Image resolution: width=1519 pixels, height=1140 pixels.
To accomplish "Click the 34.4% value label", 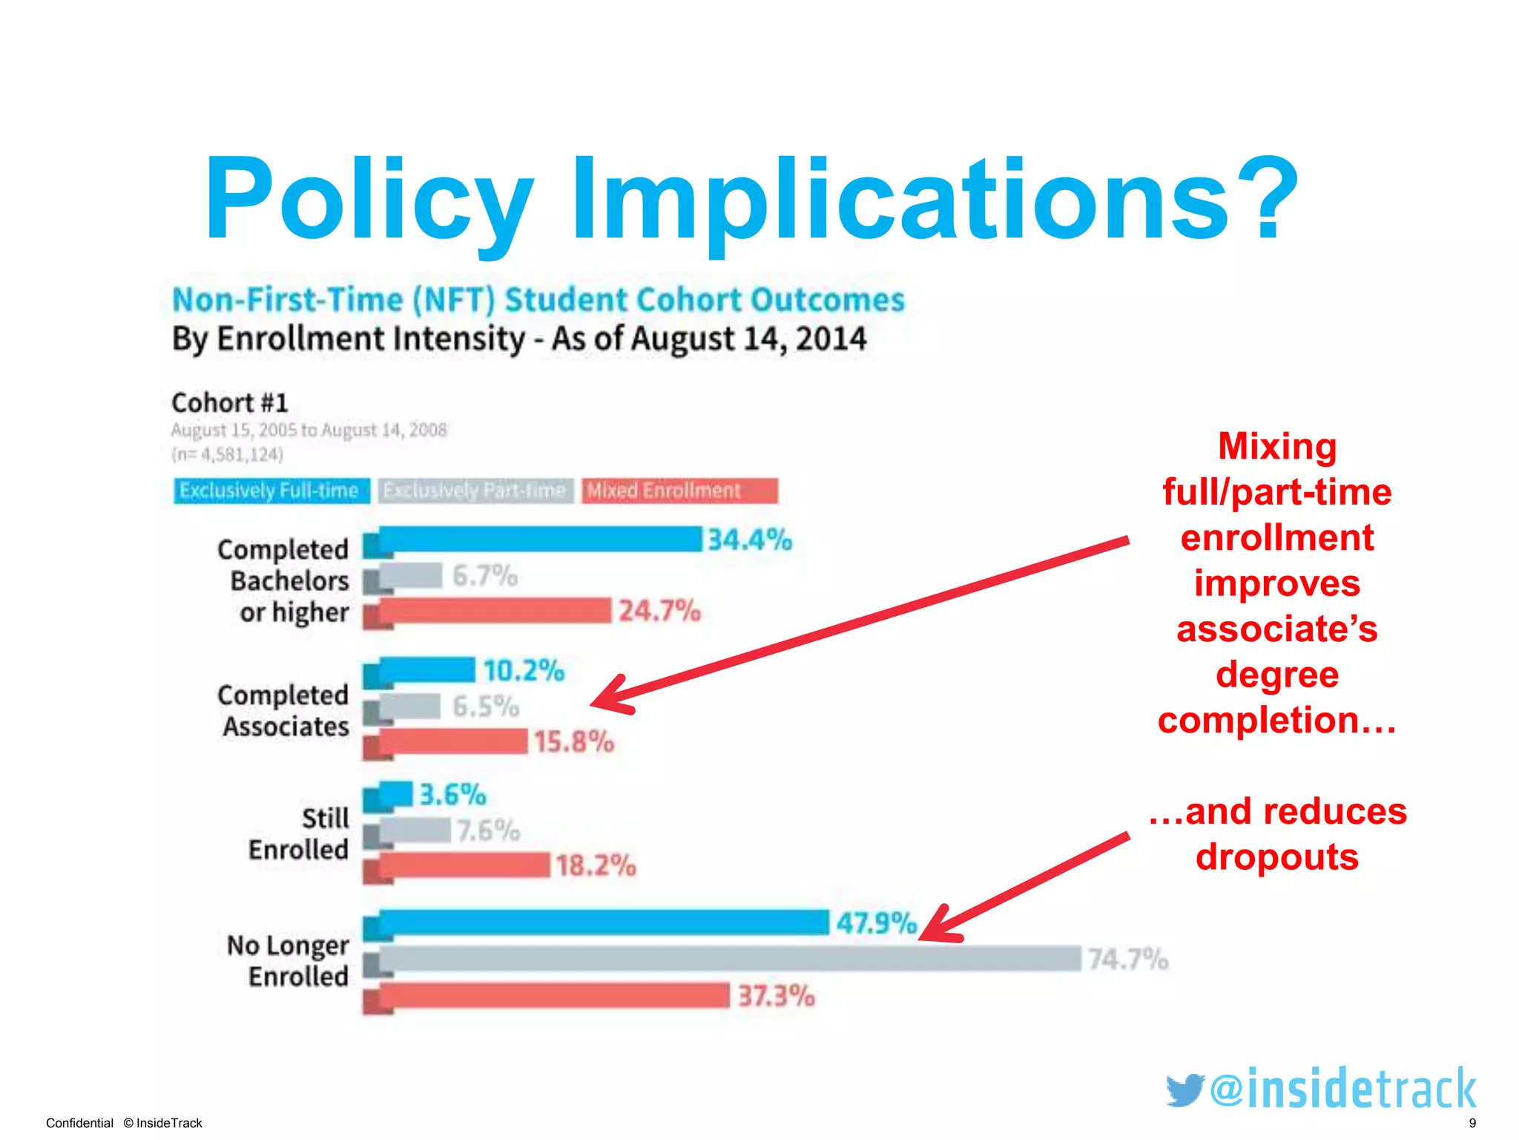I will click(x=749, y=540).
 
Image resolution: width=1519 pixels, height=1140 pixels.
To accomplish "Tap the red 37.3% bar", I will click(x=553, y=995).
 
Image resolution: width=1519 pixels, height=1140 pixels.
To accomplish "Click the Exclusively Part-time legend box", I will click(x=475, y=491).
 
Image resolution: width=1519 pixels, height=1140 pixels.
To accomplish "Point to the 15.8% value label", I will click(x=573, y=741).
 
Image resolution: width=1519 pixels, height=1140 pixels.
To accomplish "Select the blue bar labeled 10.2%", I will click(x=426, y=669).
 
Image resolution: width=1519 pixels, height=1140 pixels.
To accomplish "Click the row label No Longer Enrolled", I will click(x=289, y=960).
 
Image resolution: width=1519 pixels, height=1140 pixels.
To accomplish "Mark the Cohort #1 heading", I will click(x=229, y=402).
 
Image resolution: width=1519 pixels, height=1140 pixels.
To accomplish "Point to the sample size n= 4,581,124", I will click(x=227, y=454).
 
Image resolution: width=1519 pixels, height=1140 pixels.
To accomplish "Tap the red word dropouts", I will click(x=1276, y=856).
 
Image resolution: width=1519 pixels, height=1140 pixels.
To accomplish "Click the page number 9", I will click(x=1472, y=1123).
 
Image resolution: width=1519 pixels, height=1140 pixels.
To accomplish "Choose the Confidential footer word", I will click(x=79, y=1123).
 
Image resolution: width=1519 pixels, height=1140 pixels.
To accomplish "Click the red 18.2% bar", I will click(x=464, y=865).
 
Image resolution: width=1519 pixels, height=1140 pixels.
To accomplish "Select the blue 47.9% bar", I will click(x=602, y=923).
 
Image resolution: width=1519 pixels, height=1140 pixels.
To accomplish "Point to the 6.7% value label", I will click(x=485, y=575).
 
